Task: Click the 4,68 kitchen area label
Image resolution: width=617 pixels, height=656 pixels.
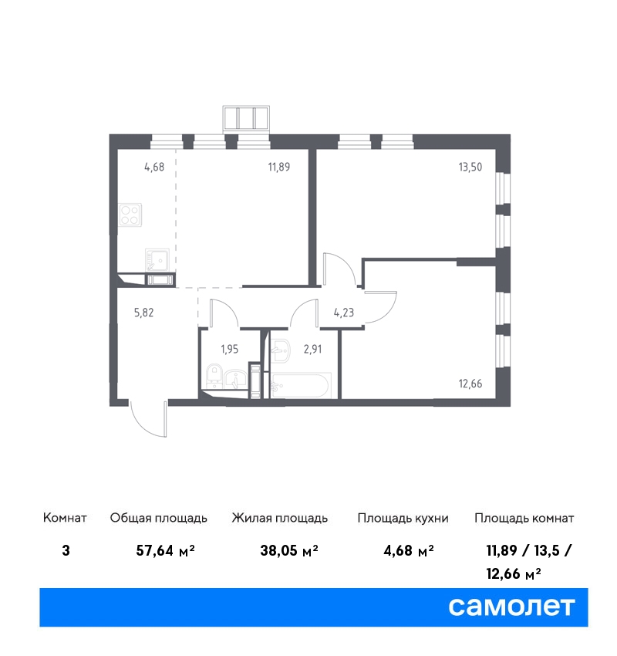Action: (x=154, y=167)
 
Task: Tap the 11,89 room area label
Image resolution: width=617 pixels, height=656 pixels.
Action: (x=279, y=167)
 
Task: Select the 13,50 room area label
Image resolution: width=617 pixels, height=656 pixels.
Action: (x=470, y=167)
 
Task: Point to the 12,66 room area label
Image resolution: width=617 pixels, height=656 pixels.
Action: (x=470, y=384)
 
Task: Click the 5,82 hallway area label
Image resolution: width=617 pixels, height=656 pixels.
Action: (x=143, y=313)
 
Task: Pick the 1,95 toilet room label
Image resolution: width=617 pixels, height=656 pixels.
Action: (x=230, y=349)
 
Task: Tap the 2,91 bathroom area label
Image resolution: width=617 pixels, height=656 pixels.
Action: (x=312, y=349)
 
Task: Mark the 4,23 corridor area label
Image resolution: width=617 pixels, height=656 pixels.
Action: (x=344, y=313)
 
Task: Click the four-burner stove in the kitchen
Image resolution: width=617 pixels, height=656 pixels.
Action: (x=130, y=215)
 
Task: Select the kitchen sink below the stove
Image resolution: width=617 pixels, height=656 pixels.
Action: (x=157, y=260)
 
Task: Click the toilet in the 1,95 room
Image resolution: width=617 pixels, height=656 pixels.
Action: (x=215, y=375)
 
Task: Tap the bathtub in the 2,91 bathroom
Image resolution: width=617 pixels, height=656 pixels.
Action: (x=301, y=385)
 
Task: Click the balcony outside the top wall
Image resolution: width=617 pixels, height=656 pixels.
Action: (x=246, y=117)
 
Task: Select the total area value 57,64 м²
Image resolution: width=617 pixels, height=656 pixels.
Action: (x=166, y=550)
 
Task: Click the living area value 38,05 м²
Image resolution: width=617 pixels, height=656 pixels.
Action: (x=289, y=550)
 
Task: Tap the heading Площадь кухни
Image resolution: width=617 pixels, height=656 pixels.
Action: (x=403, y=519)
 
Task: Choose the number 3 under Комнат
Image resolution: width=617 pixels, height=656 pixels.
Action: (x=66, y=550)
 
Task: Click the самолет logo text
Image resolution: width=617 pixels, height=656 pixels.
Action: (x=511, y=607)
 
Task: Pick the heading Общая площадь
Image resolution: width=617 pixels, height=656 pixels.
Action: (x=158, y=519)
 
